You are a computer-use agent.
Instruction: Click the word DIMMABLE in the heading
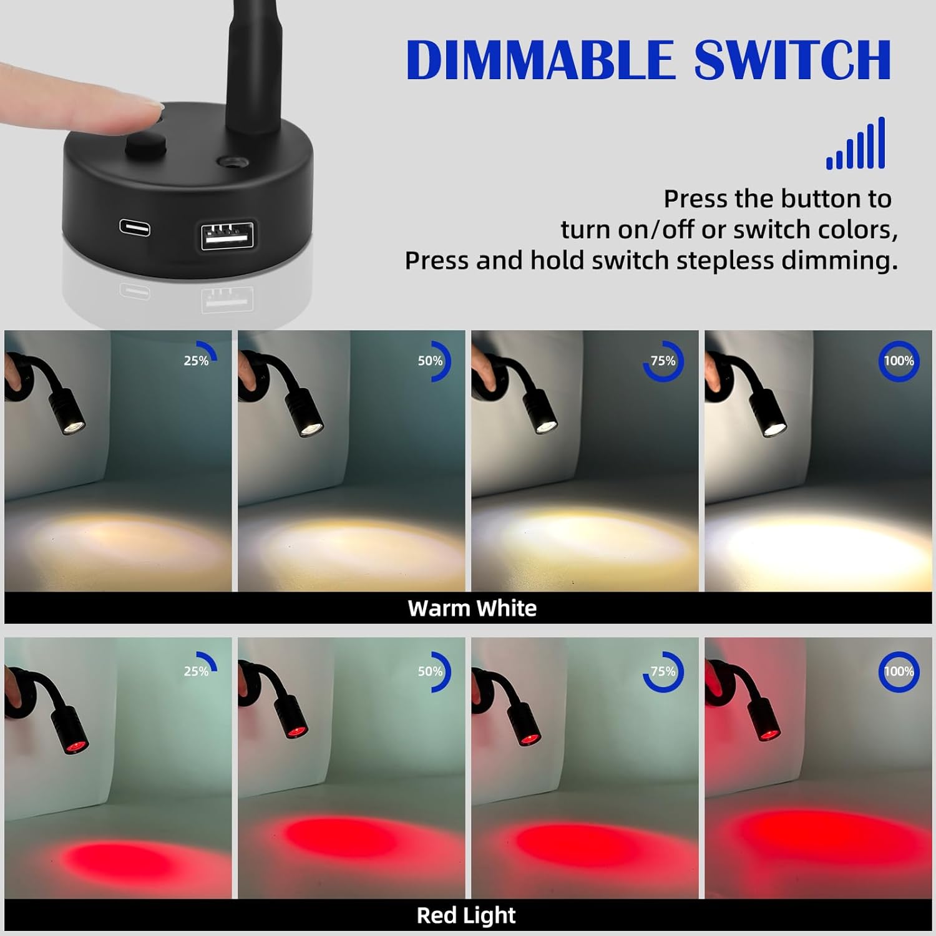[x=540, y=60]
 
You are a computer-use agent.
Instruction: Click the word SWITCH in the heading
[x=792, y=60]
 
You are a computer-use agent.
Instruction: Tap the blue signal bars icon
[x=856, y=144]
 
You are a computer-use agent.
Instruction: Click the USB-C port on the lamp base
[x=135, y=227]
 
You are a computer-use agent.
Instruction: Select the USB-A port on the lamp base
[x=227, y=235]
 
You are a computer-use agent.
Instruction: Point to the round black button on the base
[x=146, y=147]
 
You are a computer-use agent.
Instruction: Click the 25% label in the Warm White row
[x=197, y=361]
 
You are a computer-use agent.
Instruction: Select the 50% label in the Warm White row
[x=430, y=361]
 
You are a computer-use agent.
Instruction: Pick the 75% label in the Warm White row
[x=663, y=361]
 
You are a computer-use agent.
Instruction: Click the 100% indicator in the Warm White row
[x=899, y=361]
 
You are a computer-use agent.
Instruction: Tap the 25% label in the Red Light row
[x=197, y=671]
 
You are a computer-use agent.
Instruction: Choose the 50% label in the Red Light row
[x=430, y=671]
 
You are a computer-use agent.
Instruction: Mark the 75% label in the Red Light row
[x=663, y=671]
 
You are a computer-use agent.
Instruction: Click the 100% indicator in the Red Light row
[x=899, y=671]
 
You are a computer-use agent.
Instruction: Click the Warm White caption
[x=472, y=608]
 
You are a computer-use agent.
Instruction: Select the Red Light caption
[x=466, y=915]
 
